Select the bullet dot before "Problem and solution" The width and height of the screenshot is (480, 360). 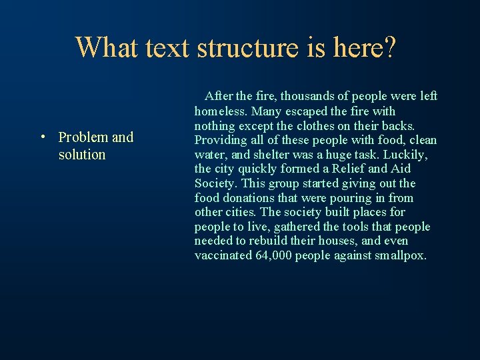pos(42,138)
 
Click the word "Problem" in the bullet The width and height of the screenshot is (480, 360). pos(83,137)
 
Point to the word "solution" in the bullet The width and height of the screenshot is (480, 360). pos(82,155)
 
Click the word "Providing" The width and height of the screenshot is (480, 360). pos(219,140)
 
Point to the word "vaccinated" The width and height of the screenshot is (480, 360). pos(223,256)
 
